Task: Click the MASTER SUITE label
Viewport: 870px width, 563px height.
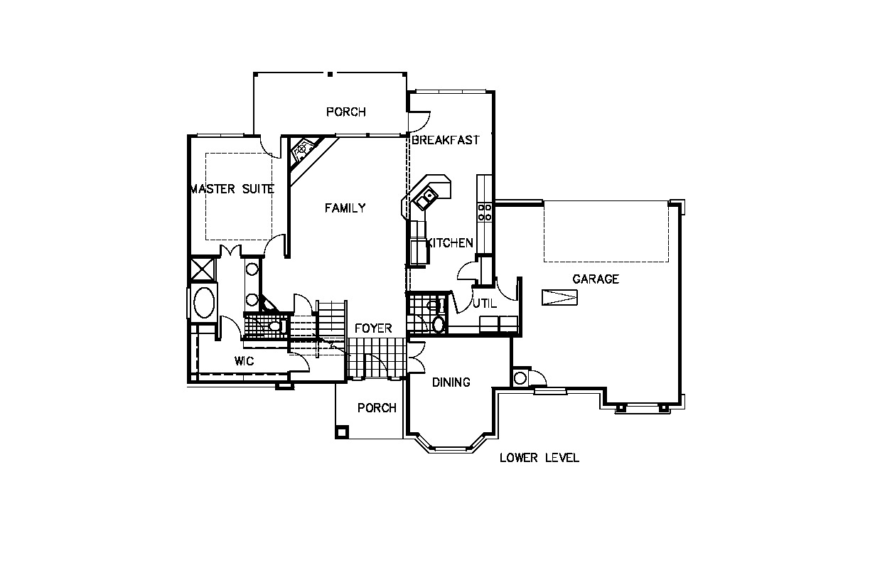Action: coord(232,189)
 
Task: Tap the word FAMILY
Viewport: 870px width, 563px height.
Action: coord(345,208)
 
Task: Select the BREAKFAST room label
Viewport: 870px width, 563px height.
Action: coord(446,140)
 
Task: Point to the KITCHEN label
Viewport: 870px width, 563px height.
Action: coord(450,243)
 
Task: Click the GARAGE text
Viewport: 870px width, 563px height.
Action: coord(596,279)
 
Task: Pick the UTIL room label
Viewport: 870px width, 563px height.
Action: coord(484,303)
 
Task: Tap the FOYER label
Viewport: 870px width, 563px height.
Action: coord(373,328)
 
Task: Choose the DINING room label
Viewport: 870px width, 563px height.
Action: coord(451,382)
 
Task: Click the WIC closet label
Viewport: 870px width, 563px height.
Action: coord(245,361)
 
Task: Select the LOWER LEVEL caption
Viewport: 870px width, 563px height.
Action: coord(539,458)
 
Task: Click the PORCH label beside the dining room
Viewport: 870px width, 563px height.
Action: coord(377,408)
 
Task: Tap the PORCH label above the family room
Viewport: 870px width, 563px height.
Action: coord(345,112)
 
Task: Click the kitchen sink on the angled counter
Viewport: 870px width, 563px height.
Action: coord(425,198)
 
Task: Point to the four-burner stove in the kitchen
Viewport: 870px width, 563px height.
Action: coord(484,212)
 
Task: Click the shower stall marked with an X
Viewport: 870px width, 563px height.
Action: coord(202,269)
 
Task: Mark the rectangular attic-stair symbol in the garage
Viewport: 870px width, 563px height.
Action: coord(559,297)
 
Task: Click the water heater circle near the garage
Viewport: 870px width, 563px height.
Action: coord(520,377)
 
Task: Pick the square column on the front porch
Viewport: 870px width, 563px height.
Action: coord(342,432)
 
